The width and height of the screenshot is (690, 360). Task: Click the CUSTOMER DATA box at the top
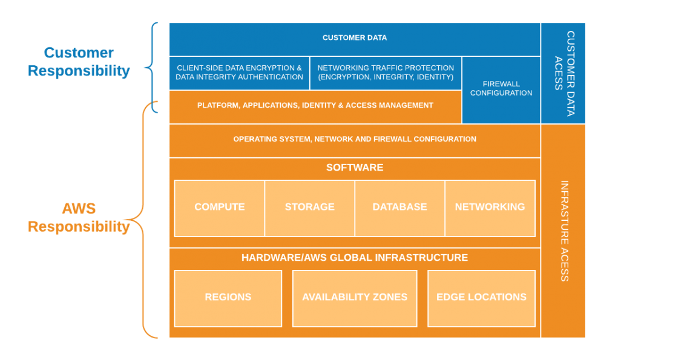355,38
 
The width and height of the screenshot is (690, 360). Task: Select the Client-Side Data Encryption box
239,73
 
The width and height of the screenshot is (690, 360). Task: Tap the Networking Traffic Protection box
386,73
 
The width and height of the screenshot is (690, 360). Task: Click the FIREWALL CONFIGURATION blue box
501,89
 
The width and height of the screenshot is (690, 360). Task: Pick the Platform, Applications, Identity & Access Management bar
315,105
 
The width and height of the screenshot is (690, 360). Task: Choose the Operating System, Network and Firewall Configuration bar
355,139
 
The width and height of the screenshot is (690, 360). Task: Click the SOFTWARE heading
355,168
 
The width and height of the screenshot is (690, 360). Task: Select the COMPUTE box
219,207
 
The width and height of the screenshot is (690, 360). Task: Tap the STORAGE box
309,207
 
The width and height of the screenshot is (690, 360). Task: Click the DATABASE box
399,207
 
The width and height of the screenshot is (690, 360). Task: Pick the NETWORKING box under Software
490,207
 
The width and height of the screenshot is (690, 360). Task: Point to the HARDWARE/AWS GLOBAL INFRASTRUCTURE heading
355,258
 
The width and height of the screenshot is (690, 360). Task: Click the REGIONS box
228,297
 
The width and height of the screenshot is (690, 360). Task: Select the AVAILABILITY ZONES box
355,297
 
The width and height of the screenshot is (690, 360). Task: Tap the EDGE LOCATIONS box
481,297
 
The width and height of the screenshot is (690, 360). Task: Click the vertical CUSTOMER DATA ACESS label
564,73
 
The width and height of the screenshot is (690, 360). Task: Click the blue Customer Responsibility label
79,62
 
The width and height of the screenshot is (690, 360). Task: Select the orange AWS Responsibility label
79,218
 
